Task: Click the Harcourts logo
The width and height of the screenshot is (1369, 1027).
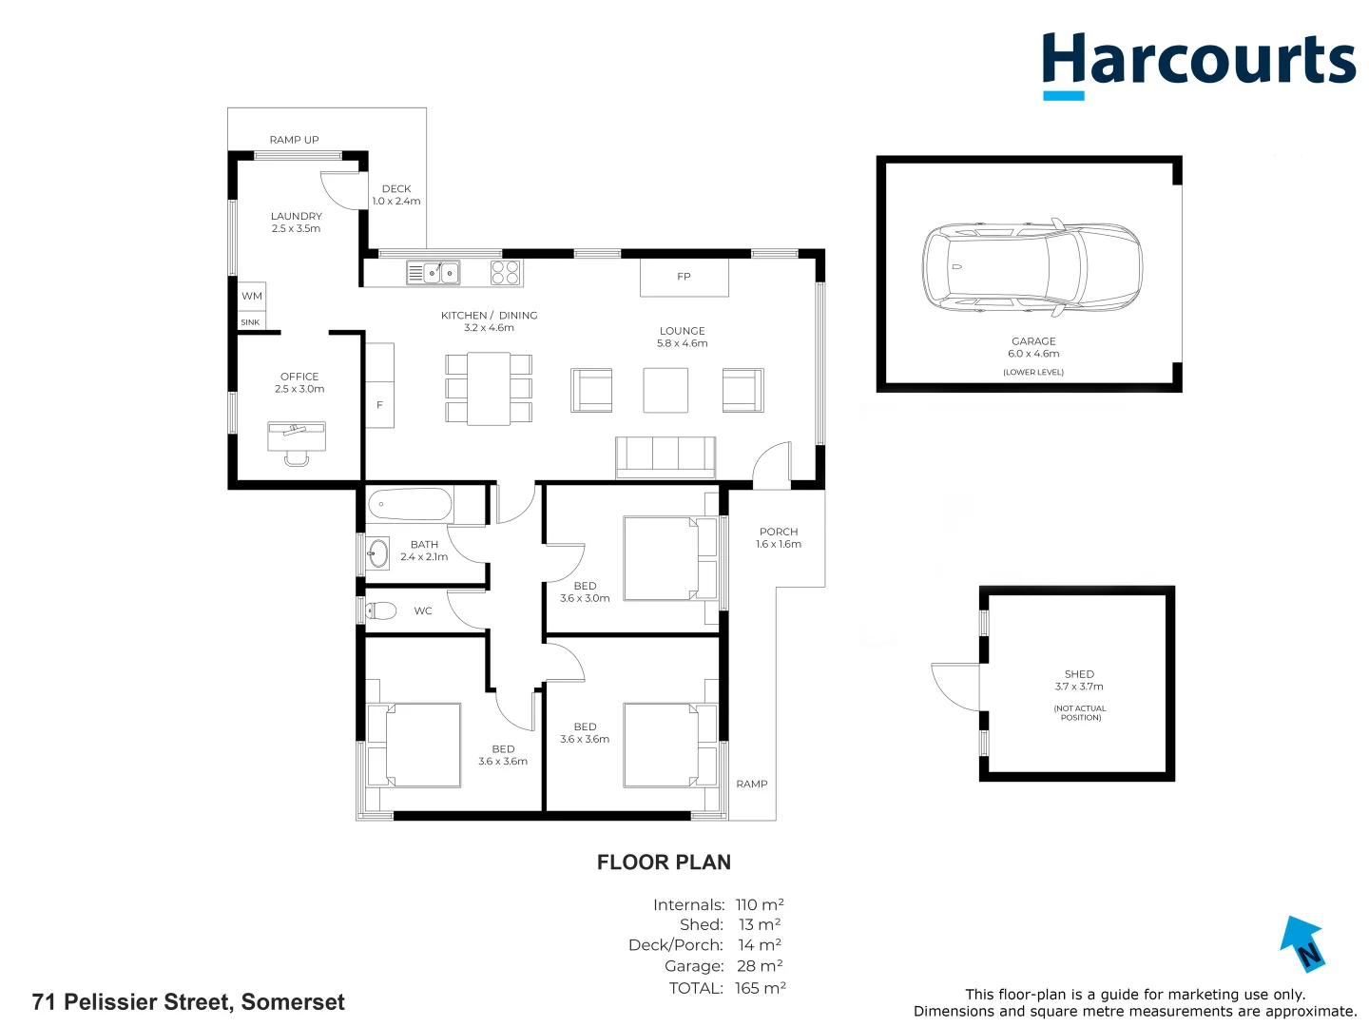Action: (x=1198, y=65)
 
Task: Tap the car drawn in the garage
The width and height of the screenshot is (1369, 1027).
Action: (x=1032, y=266)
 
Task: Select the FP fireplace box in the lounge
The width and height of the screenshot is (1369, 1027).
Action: (x=684, y=277)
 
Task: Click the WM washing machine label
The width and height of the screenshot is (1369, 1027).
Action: (x=251, y=296)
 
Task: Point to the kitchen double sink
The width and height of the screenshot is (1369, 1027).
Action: (x=433, y=273)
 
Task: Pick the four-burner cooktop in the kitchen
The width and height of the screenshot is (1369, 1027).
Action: (x=505, y=273)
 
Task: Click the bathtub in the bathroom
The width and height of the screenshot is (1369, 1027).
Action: (x=409, y=504)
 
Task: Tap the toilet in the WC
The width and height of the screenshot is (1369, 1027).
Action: (x=380, y=610)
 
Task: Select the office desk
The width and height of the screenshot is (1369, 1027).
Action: (x=297, y=436)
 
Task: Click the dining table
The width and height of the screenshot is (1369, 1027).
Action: (x=489, y=389)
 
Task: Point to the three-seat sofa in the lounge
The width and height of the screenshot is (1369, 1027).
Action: (x=665, y=457)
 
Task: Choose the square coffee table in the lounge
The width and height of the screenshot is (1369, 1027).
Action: (x=665, y=390)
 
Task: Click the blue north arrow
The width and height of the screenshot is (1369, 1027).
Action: (x=1302, y=943)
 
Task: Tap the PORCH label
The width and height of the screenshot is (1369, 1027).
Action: (x=779, y=532)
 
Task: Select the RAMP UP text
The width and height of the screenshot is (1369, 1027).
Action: (x=294, y=140)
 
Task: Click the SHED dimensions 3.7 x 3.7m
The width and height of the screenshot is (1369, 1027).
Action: (x=1079, y=687)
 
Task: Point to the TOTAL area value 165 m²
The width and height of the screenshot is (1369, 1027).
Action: (x=761, y=988)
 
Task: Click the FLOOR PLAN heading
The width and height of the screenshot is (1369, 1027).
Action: (x=664, y=862)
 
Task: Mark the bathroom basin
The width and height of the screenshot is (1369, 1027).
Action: (x=378, y=552)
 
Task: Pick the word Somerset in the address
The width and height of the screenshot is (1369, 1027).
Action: (x=293, y=1002)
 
